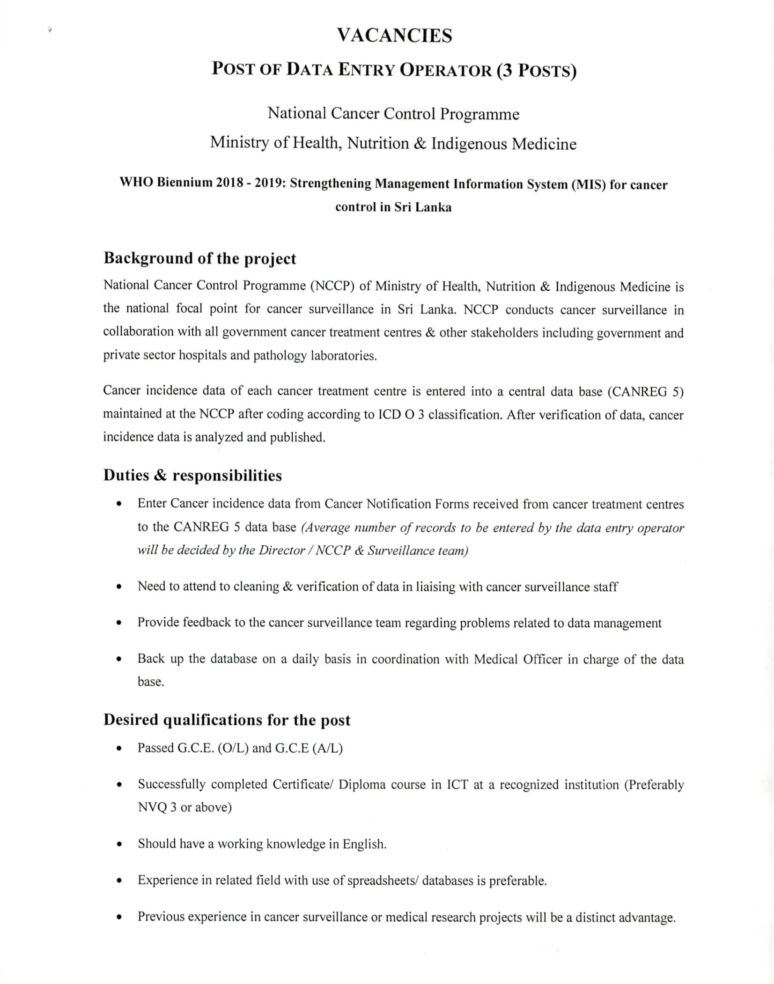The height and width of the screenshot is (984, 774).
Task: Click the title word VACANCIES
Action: [x=394, y=36]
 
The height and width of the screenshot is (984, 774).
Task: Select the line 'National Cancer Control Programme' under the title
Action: [x=393, y=114]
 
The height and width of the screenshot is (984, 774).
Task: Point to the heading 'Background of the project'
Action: [x=199, y=258]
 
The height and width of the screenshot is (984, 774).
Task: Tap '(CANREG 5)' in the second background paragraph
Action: [x=645, y=391]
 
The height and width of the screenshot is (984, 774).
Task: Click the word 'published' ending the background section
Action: [x=297, y=437]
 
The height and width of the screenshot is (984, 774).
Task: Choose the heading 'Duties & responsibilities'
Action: [x=192, y=475]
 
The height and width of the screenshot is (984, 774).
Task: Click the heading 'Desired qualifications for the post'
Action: [x=227, y=720]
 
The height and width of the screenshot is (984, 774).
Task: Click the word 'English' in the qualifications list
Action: [x=364, y=844]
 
